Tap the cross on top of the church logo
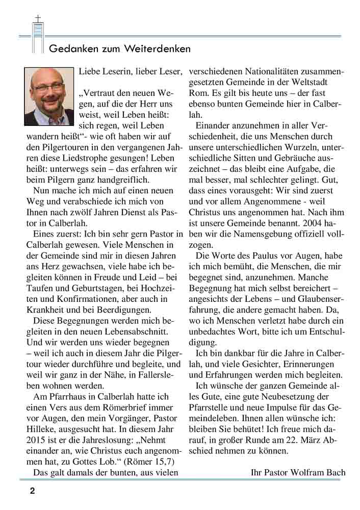(37, 19)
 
